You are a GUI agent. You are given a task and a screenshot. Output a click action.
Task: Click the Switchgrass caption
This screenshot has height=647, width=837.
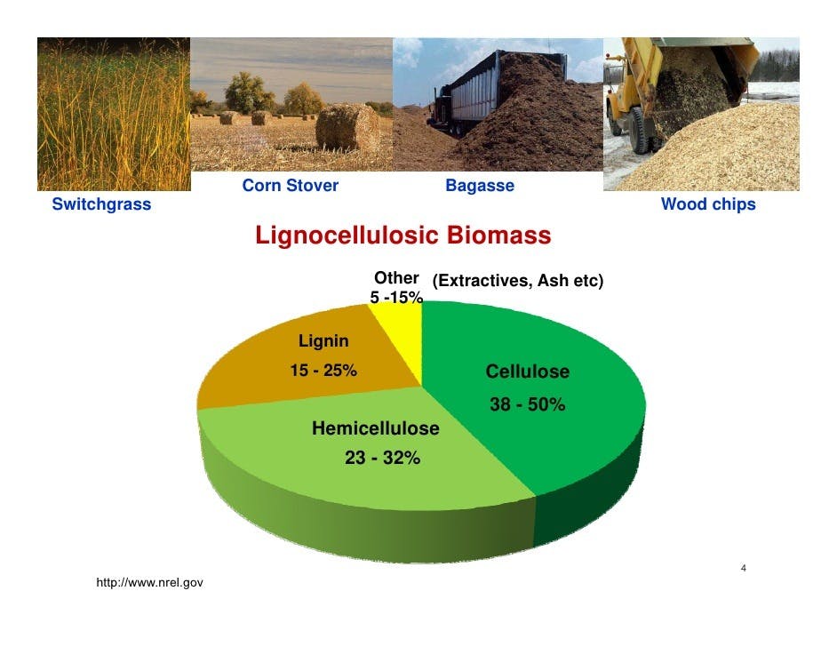coord(101,204)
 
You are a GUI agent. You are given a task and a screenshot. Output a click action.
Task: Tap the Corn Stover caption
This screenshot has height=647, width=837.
coord(290,185)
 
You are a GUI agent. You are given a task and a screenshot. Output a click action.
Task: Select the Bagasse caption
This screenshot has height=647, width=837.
coord(480,186)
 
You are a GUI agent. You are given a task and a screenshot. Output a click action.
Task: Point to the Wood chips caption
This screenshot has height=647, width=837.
coord(708,204)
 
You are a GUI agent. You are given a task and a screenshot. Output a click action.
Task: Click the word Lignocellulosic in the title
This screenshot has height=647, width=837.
coord(347,236)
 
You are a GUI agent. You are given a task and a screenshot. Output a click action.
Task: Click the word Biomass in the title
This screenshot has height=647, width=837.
coord(498,236)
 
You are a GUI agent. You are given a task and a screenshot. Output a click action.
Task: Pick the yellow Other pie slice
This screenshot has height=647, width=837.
coord(401,336)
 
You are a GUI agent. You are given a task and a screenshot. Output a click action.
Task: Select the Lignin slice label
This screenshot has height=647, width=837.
coord(323,340)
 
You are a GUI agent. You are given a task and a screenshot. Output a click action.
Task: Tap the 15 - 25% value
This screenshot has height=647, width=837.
coord(323,370)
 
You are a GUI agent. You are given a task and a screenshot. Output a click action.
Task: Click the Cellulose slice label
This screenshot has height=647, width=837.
coord(528,371)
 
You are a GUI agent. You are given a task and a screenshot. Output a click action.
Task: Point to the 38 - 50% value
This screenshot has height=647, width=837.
coord(528,404)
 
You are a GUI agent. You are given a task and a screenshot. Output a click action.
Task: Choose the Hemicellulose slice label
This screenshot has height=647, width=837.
coord(375,428)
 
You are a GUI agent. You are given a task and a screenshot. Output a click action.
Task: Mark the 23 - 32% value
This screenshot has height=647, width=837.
coord(382,458)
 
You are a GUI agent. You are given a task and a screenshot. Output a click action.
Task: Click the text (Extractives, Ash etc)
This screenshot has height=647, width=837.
coord(518,281)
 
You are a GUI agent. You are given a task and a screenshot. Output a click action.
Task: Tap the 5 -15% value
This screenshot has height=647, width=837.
coord(396,298)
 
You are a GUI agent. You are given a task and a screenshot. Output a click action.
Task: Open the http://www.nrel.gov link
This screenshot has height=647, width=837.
coord(149,582)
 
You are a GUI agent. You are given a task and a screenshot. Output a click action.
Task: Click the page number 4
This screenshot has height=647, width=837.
coord(744,568)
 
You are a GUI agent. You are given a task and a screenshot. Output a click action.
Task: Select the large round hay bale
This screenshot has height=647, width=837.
coord(346,127)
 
